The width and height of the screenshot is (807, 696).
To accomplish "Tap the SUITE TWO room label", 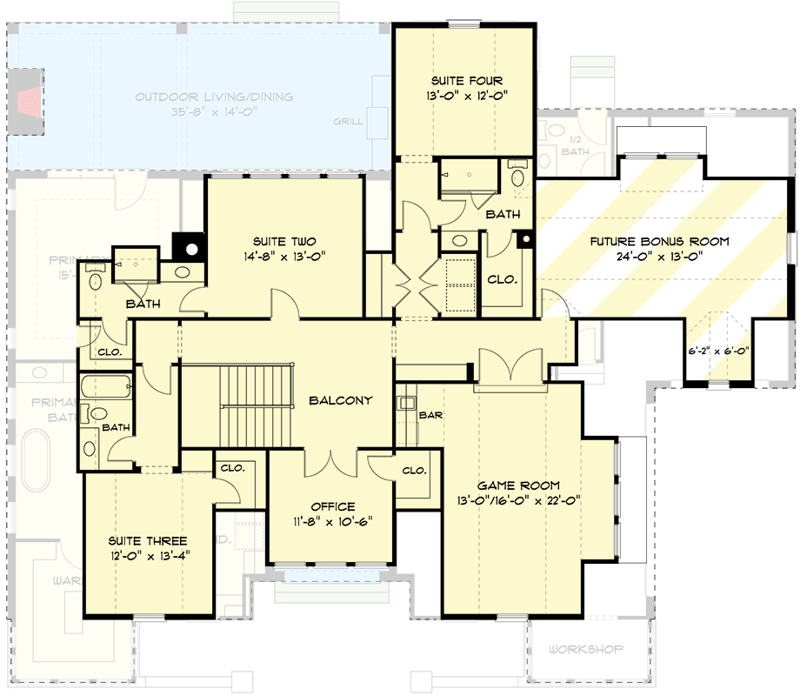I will click(284, 241).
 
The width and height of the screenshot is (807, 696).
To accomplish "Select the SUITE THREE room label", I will click(147, 540).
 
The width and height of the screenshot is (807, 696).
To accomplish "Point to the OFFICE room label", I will click(333, 506).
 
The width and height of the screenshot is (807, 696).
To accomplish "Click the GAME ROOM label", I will click(518, 485).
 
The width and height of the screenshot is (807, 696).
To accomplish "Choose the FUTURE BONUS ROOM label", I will click(660, 241).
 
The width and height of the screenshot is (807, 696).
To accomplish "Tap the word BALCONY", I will click(341, 401).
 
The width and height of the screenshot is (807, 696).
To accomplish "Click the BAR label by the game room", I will click(431, 415).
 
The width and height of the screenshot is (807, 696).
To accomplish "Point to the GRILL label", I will click(348, 122).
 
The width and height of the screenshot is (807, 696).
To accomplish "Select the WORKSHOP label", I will click(586, 649).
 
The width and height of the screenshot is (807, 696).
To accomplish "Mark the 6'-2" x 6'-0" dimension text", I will click(718, 352).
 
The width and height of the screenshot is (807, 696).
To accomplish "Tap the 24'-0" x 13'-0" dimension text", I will click(660, 257).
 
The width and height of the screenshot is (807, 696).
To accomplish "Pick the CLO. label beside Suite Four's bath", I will click(503, 280).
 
